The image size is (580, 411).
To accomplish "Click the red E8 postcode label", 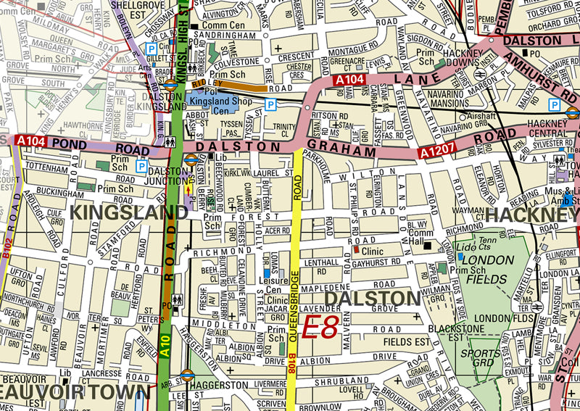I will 320,328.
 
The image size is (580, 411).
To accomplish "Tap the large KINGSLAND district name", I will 128,212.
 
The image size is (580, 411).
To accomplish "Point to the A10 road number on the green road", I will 167,345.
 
